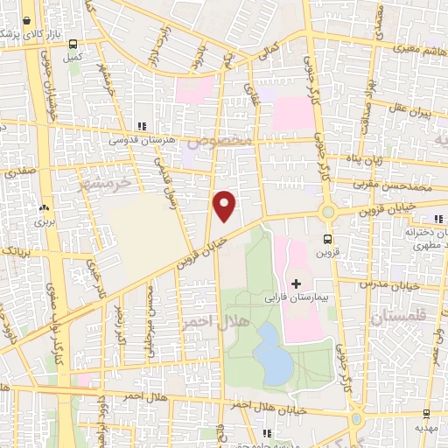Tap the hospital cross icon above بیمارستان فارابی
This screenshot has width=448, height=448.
[296, 283]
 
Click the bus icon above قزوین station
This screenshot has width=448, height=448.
[327, 238]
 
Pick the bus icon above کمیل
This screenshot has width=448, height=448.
[73, 44]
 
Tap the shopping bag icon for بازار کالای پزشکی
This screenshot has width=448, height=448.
[29, 18]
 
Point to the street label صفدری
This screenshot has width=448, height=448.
[18, 173]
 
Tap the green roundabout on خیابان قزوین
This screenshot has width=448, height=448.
[328, 212]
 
